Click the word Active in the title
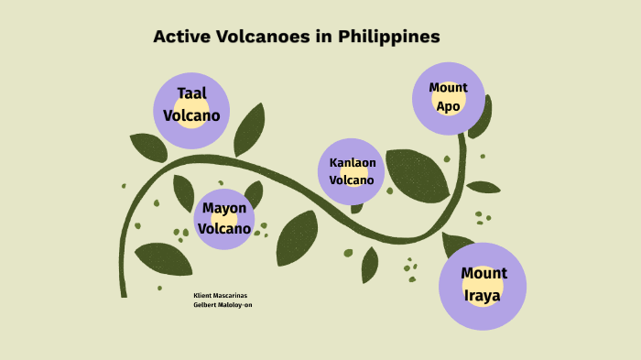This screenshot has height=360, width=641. pos(180,37)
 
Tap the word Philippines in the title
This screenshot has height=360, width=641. pos(389,38)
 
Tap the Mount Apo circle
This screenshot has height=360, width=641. pos(448,98)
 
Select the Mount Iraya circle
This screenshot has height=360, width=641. pos(483,286)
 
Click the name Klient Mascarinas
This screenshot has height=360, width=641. pos(221,296)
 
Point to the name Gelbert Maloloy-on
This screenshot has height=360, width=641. pos(223,305)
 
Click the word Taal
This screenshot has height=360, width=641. pos(191,93)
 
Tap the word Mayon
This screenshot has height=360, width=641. pos(224,208)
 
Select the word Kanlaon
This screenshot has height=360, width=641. pos(353,163)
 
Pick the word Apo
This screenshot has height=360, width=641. pos(448,107)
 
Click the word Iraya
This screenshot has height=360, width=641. pos(483,297)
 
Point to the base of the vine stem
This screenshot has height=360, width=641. pos(123,293)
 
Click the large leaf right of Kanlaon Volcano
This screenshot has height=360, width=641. pos(417,174)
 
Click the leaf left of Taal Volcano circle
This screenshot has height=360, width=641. pos(147,147)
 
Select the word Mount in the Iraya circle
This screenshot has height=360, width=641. pos(483,274)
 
